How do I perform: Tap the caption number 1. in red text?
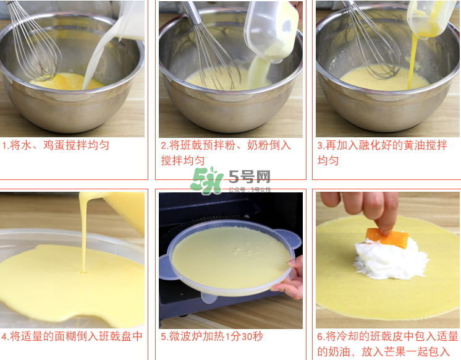click(x=6, y=146)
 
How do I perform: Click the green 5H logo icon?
click(x=206, y=180)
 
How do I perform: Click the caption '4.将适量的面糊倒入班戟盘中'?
click(x=72, y=336)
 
